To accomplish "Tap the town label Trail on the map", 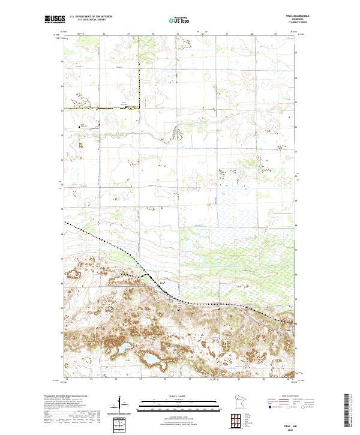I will coord(162,280).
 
